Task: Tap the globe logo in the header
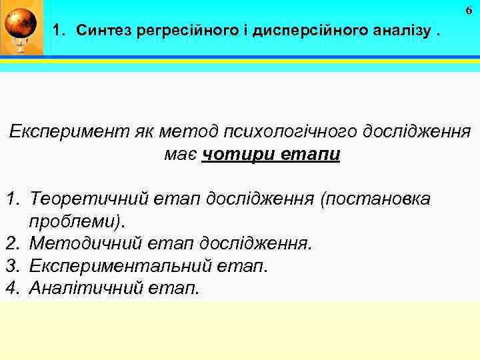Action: [21, 27]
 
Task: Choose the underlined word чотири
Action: [230, 154]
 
